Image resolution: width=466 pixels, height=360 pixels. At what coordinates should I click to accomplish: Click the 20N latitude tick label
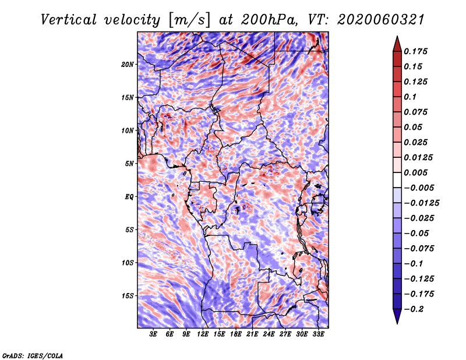pos(128,65)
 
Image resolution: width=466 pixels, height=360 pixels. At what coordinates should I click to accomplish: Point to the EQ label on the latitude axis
pos(129,197)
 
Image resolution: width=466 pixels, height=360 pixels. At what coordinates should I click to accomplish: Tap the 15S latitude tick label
pos(128,296)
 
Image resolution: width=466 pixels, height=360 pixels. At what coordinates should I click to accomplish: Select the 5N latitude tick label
pos(129,164)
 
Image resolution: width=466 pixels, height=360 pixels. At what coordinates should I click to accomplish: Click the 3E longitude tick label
pos(153,334)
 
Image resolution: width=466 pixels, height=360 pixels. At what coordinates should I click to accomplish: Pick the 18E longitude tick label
pos(236,334)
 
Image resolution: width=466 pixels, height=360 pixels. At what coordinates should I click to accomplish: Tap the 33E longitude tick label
pos(318,334)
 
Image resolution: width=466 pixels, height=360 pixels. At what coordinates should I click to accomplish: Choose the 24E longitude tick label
pos(269,334)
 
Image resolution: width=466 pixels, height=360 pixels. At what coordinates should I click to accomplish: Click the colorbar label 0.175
pos(415,51)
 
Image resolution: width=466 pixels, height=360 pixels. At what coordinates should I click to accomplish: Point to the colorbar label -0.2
pos(414,309)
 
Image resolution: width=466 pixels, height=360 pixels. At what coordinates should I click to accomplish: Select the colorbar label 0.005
pos(415,172)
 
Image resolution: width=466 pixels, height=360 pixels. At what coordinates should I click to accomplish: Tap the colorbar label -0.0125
pos(421,203)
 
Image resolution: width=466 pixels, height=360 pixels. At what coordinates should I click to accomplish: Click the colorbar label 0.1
pos(410,97)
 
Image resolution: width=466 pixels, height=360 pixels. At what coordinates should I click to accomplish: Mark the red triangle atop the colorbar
pos(397,44)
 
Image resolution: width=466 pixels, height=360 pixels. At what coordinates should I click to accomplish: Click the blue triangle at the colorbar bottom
pos(397,316)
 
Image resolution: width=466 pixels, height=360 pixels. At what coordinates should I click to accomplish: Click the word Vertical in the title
pos(69,20)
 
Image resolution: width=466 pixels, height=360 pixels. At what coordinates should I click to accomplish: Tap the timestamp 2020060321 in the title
pos(381,20)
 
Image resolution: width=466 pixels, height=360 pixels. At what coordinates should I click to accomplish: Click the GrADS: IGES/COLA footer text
pos(33,356)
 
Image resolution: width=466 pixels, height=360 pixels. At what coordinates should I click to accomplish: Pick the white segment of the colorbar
pos(397,180)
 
